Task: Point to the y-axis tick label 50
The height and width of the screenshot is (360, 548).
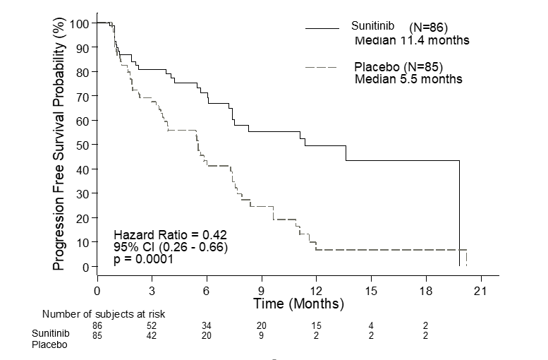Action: [x=83, y=145]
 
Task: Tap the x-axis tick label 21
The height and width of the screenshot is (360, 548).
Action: [x=480, y=290]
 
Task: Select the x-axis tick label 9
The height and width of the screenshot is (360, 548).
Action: [x=261, y=290]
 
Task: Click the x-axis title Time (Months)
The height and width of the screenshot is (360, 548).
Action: [x=299, y=304]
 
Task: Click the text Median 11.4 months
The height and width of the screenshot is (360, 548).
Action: [x=411, y=40]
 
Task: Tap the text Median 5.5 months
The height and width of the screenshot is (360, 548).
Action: [x=408, y=79]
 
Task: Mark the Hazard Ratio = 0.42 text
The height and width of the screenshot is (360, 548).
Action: [x=170, y=234]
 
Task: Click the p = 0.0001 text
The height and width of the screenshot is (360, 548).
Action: [x=144, y=260]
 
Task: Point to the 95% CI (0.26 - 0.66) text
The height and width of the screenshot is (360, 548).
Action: [x=171, y=247]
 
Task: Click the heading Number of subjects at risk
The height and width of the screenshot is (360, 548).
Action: [x=104, y=313]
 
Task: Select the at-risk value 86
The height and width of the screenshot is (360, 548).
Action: [x=97, y=325]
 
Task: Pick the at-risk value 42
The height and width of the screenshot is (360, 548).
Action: [x=152, y=335]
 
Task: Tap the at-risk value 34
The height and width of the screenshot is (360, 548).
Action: [x=207, y=325]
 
